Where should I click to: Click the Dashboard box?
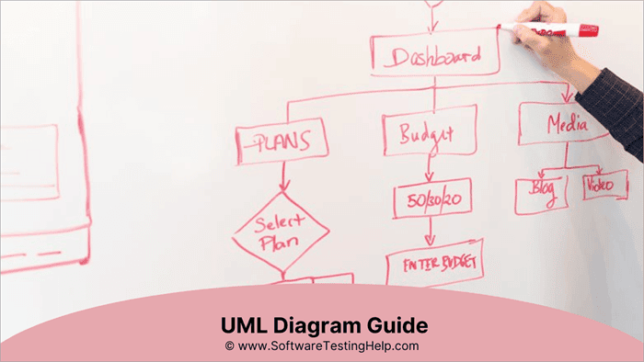435,56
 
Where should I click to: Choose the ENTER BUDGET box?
433,266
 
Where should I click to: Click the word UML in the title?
244,326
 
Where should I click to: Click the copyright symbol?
229,346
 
